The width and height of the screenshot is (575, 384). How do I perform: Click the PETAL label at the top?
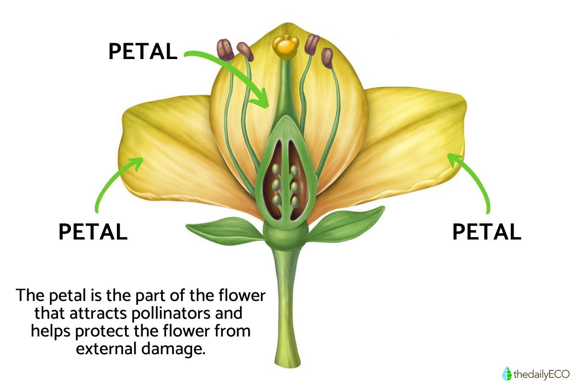(143, 52)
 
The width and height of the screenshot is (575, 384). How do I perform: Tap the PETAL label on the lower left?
(93, 232)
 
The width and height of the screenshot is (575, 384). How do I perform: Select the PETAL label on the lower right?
(486, 232)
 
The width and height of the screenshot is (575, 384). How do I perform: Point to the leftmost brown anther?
(225, 49)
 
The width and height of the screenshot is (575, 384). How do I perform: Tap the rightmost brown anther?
(327, 58)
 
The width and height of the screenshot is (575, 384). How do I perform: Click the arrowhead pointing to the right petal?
(453, 159)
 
